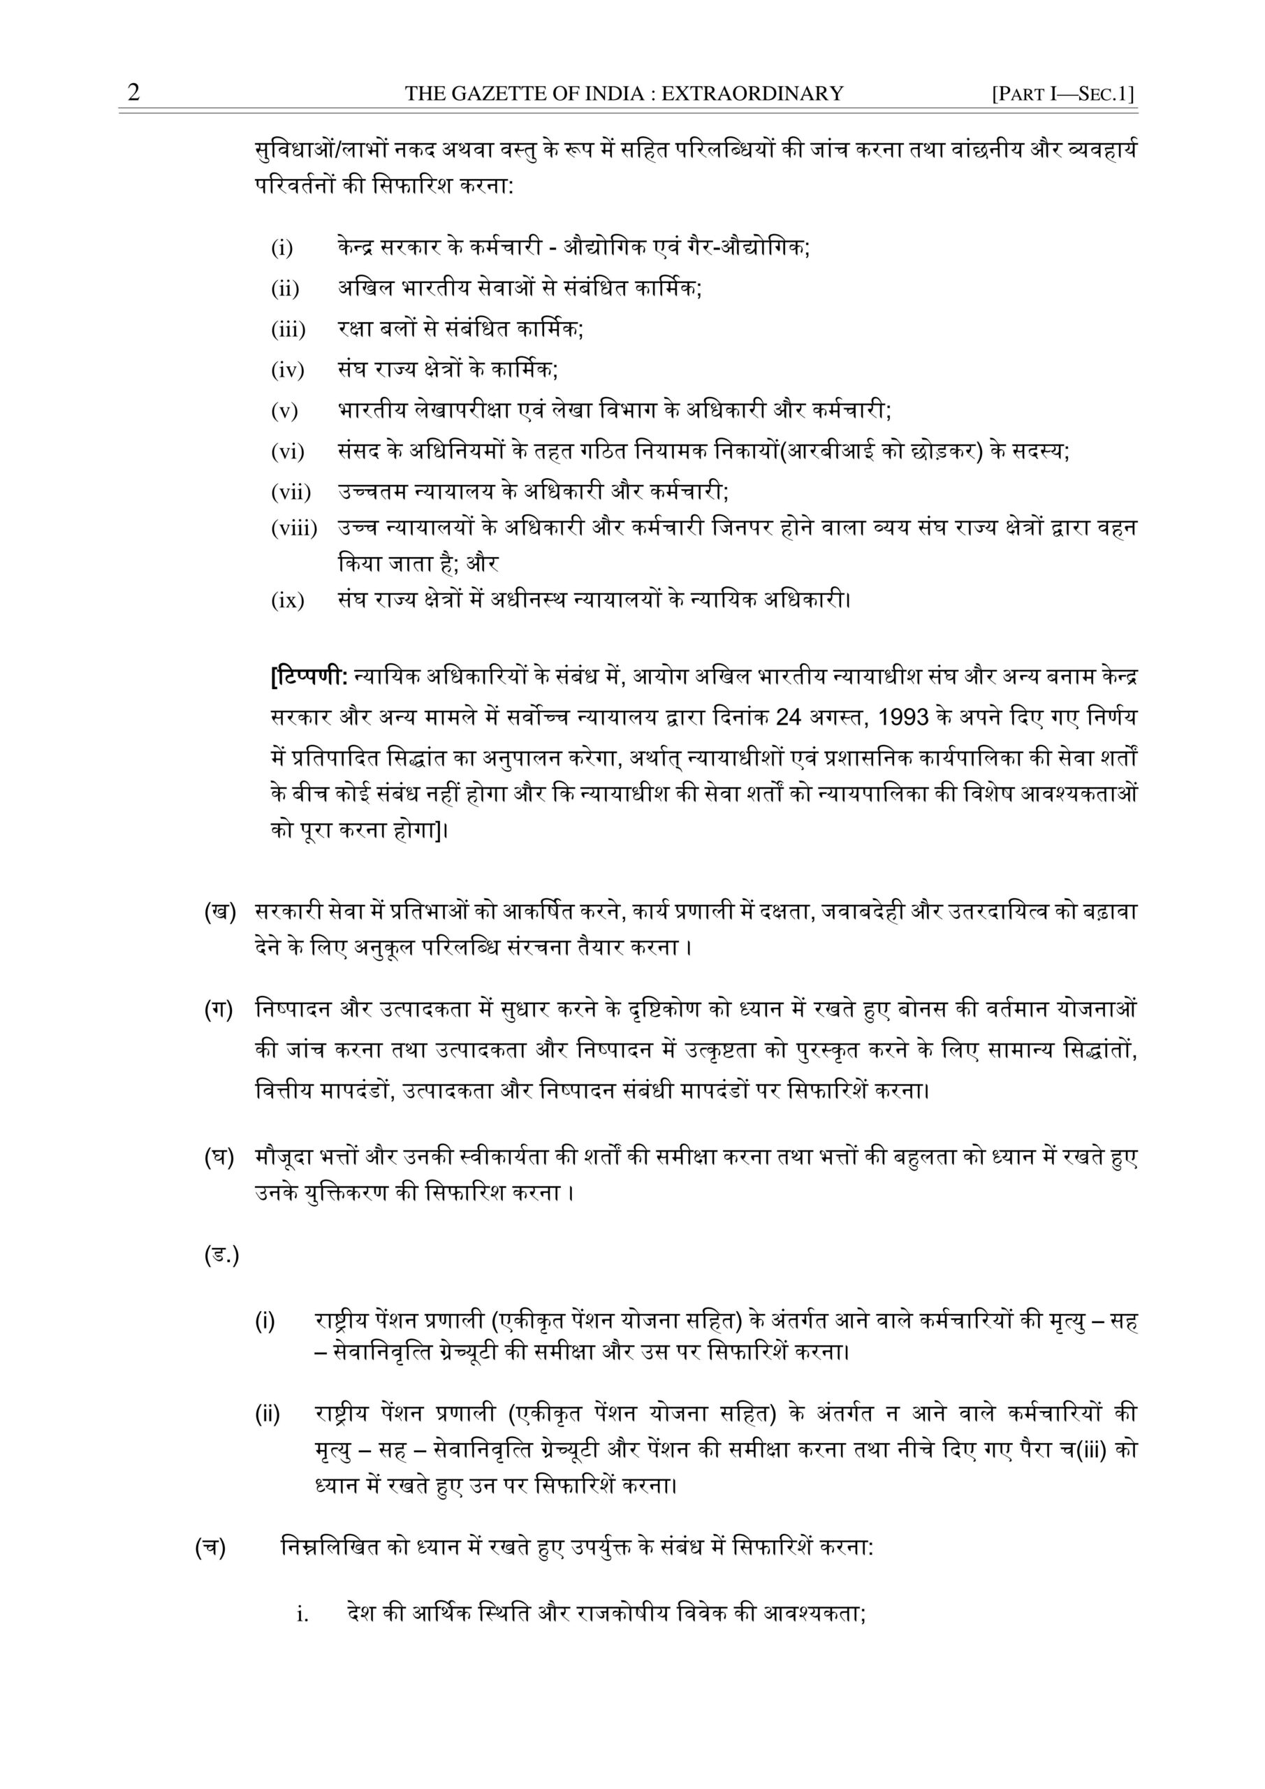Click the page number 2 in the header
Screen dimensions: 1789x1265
coord(134,94)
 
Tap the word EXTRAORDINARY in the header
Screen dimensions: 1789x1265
coord(752,94)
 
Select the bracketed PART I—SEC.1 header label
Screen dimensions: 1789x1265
coord(1062,95)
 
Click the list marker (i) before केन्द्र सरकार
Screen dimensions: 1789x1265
coord(282,249)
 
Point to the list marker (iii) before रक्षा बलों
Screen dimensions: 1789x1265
coord(288,330)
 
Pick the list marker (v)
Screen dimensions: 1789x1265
coord(284,411)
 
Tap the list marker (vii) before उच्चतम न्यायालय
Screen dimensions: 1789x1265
coord(291,493)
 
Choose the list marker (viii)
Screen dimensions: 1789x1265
coord(293,529)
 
